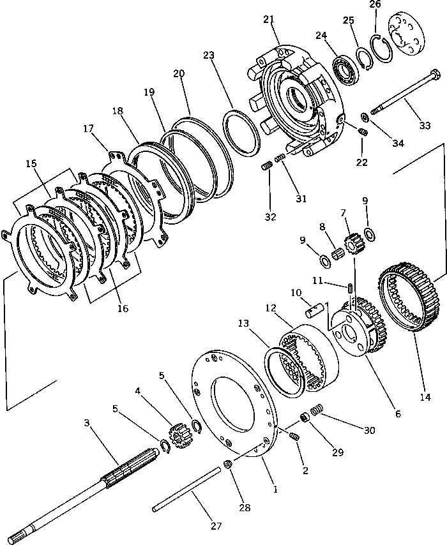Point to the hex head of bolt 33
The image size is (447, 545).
[434, 77]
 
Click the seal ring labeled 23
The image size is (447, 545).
[240, 130]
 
